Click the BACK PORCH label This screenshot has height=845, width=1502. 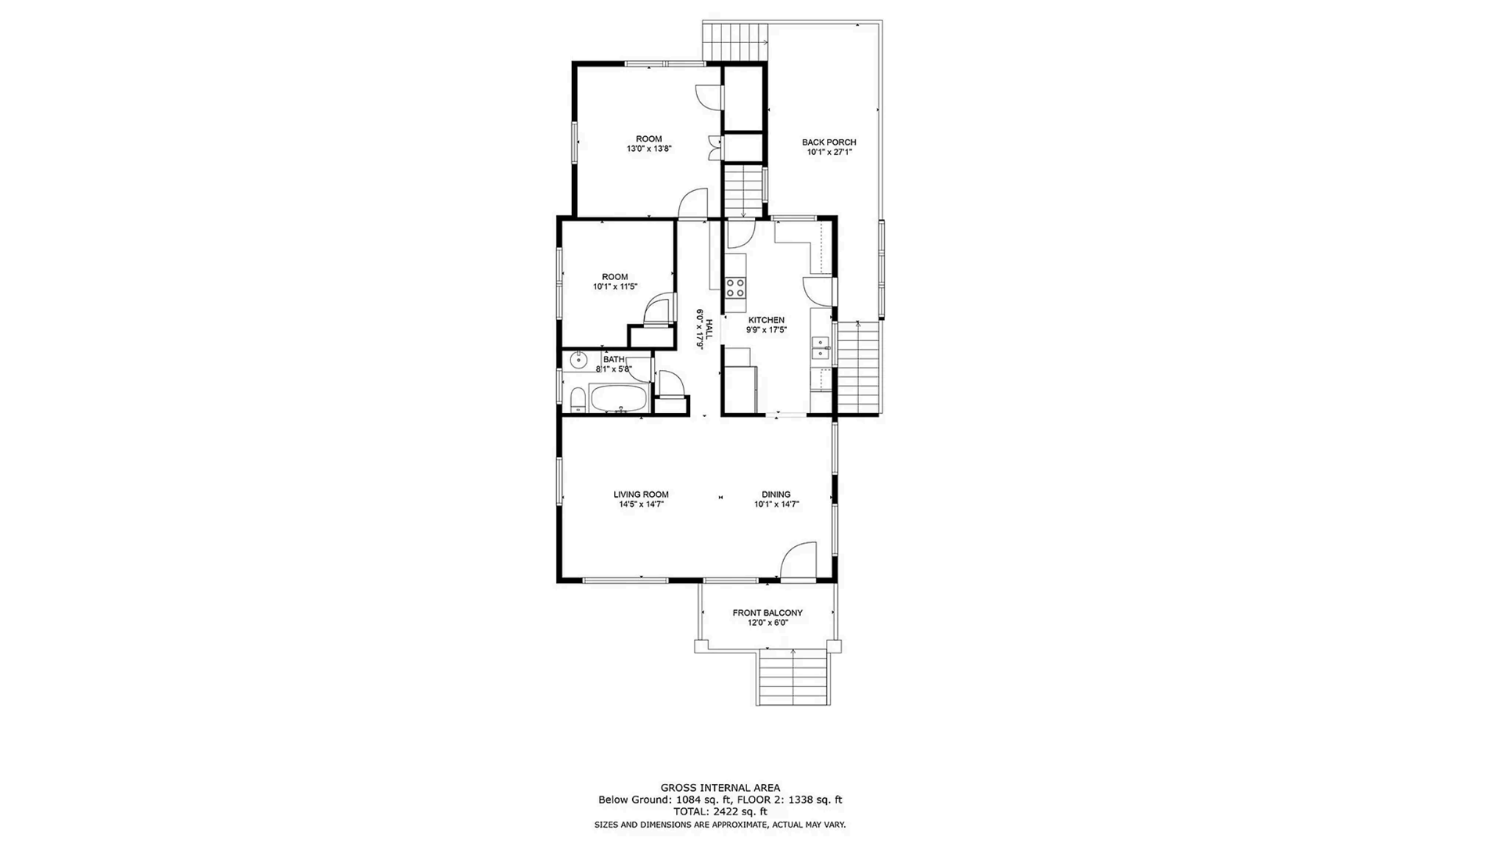[x=828, y=142]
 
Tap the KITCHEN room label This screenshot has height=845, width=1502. [x=766, y=320]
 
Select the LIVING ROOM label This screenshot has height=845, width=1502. [x=641, y=494]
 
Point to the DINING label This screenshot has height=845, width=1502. [x=776, y=494]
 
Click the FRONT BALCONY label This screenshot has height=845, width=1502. [x=767, y=613]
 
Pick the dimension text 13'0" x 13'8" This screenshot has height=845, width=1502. [x=649, y=149]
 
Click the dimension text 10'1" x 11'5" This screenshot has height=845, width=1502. [x=615, y=287]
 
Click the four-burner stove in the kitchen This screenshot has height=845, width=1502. [x=735, y=287]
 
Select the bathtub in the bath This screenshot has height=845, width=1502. [x=620, y=399]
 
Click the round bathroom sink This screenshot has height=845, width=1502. [x=578, y=361]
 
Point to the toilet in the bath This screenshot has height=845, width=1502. [x=578, y=401]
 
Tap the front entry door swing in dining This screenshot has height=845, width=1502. [x=798, y=562]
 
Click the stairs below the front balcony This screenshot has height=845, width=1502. [x=792, y=678]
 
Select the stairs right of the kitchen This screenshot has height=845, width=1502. [x=859, y=368]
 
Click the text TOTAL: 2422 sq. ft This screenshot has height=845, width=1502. [x=720, y=811]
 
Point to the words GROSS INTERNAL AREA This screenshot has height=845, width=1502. [x=720, y=788]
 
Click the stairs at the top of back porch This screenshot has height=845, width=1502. [x=735, y=41]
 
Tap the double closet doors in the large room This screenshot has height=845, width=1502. [x=715, y=147]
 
